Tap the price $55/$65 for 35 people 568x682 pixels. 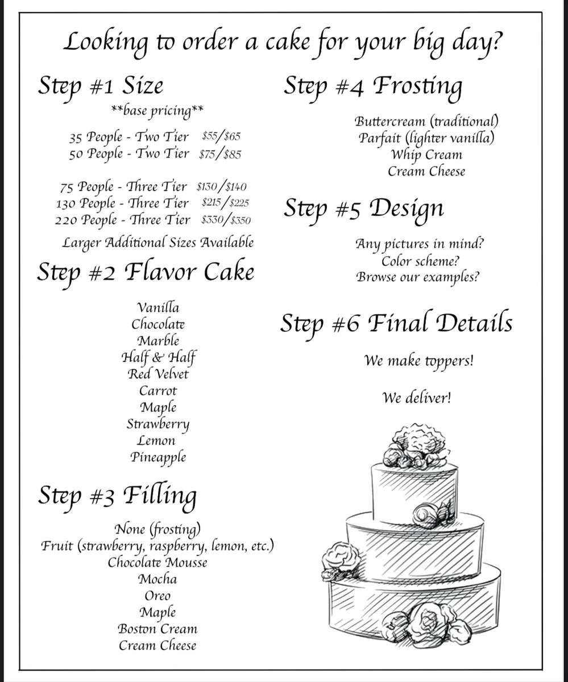pos(221,136)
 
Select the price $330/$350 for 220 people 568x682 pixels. pos(226,220)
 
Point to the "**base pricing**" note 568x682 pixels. pos(157,111)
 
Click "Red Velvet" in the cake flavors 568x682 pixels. pos(158,374)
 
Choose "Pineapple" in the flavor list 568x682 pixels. pos(158,458)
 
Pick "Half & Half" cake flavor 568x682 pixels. pos(159,357)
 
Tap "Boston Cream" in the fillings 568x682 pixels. pos(157,629)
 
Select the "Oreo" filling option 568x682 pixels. pos(157,596)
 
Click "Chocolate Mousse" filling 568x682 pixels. pos(157,562)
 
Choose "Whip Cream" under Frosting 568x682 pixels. pos(426,155)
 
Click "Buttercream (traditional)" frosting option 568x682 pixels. pos(426,122)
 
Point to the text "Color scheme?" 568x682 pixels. pos(420,261)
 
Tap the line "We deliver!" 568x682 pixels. pos(417,398)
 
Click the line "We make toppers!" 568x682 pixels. pos(419,361)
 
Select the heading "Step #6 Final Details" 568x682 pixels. pos(396,324)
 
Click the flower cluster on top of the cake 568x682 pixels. pos(416,445)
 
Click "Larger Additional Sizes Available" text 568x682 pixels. pos(158,243)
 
